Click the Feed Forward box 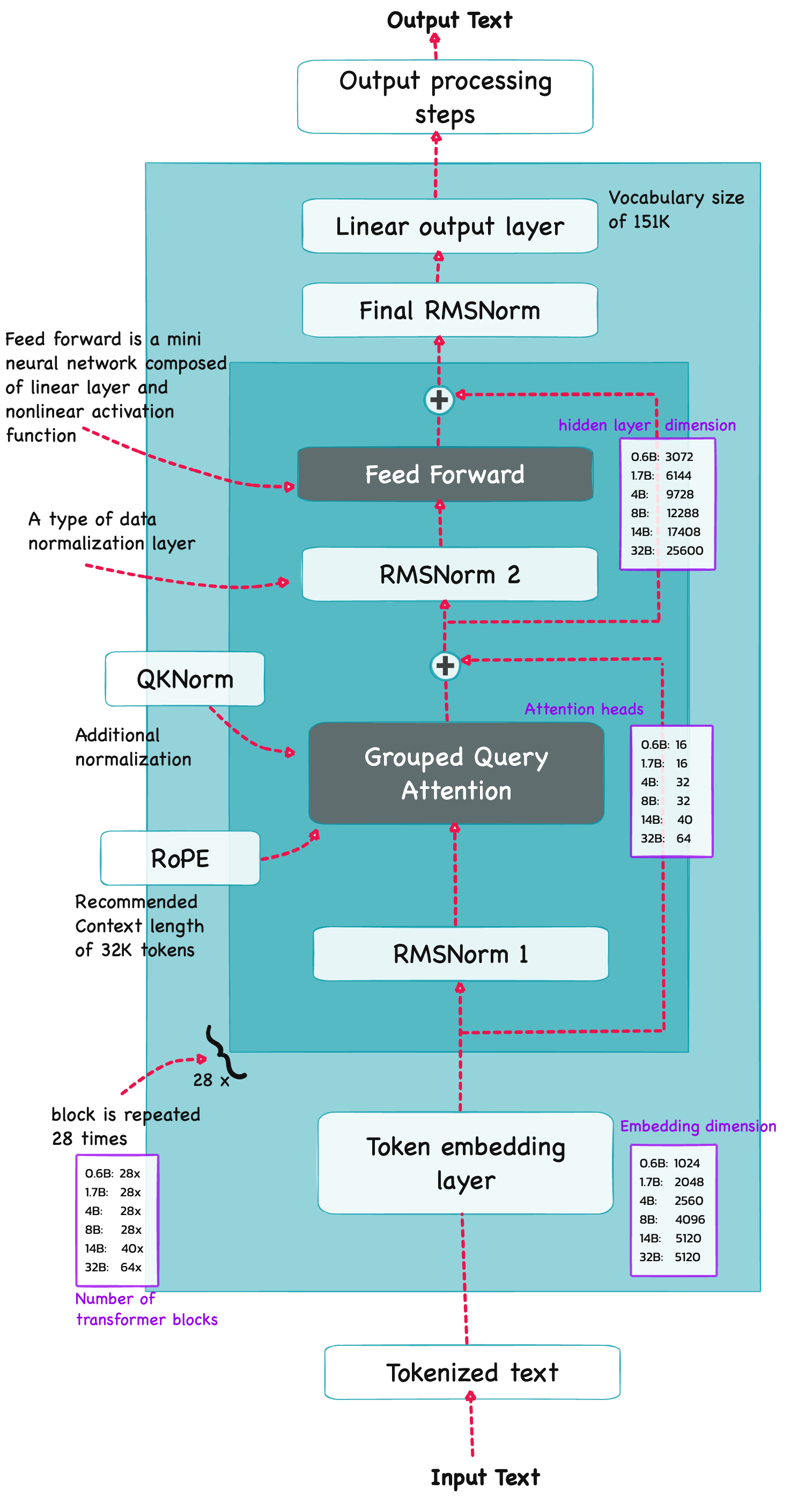(445, 474)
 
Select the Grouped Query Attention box (456, 773)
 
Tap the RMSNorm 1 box (460, 954)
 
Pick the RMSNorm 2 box (449, 574)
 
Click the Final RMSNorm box (449, 310)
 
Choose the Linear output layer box (449, 226)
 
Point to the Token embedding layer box (465, 1163)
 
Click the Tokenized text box (472, 1372)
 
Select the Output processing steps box (445, 97)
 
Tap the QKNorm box (185, 679)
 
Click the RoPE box (180, 858)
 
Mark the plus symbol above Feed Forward (439, 400)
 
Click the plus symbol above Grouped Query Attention (445, 665)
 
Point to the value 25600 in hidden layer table (684, 550)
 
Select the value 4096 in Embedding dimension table (689, 1219)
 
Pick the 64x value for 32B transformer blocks (131, 1267)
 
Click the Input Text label (485, 1477)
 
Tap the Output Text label (449, 20)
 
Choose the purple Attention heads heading (584, 709)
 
